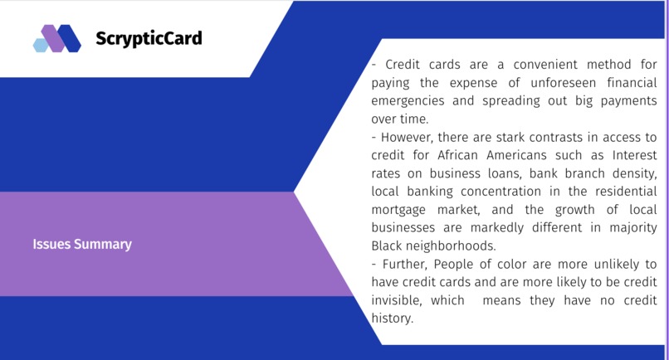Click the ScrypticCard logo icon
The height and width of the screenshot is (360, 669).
click(56, 39)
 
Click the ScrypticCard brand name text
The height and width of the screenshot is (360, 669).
click(149, 39)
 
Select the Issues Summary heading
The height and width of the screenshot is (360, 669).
click(82, 245)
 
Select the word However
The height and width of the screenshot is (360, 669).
click(408, 138)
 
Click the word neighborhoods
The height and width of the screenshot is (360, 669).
click(449, 246)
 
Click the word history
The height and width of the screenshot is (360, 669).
click(392, 319)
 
